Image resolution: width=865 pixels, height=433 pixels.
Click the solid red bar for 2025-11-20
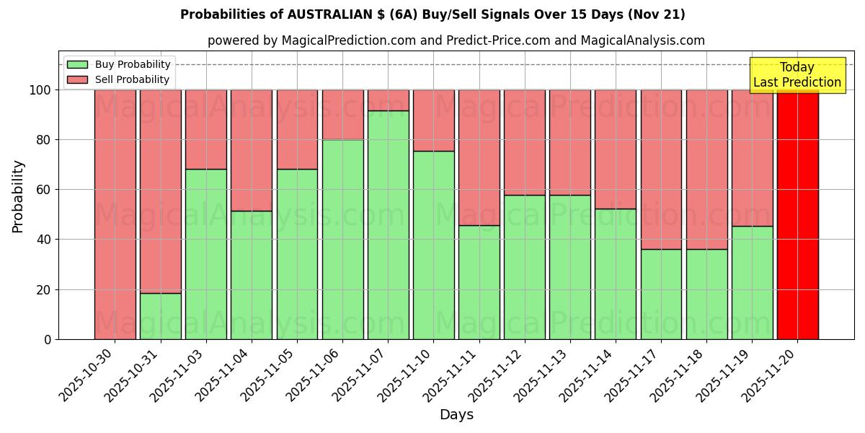point(797,214)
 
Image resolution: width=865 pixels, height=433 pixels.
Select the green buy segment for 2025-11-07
point(388,224)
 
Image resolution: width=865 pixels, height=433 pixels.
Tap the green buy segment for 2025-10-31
point(160,316)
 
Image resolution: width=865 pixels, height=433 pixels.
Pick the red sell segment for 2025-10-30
point(115,214)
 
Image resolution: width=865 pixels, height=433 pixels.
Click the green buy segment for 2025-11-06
point(342,239)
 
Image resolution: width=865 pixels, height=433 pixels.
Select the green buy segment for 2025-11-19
point(752,282)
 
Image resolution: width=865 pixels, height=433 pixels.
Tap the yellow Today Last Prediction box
point(797,75)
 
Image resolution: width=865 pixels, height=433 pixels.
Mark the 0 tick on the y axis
point(48,339)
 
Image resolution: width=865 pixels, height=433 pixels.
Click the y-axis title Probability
point(18,196)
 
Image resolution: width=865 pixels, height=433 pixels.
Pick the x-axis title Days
point(456,415)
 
